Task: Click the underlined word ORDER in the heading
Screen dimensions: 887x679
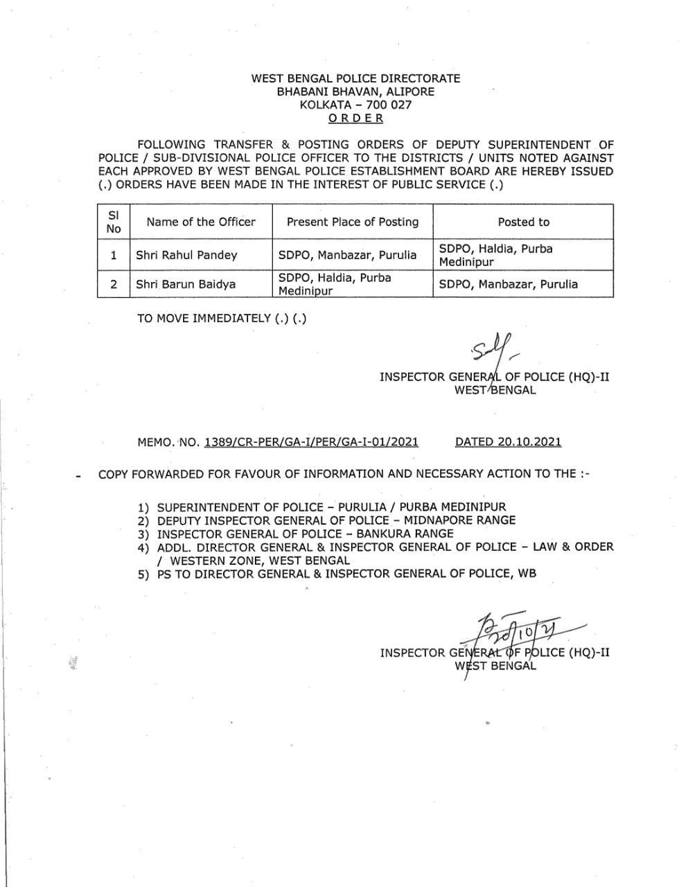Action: pos(355,118)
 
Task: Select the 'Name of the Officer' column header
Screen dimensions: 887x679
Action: pos(201,222)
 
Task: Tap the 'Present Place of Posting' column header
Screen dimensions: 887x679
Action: pos(353,222)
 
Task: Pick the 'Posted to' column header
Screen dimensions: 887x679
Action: pos(523,222)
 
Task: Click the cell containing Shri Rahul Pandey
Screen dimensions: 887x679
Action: pos(186,255)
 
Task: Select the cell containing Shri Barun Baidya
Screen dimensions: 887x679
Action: pos(186,284)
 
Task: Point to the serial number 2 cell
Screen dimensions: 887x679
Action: pos(114,284)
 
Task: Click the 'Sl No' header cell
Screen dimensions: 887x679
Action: pos(114,222)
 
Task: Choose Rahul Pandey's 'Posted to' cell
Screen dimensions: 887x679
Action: pos(496,255)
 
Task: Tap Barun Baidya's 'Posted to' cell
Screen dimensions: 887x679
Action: pos(509,284)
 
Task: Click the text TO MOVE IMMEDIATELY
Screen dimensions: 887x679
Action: pos(204,318)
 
